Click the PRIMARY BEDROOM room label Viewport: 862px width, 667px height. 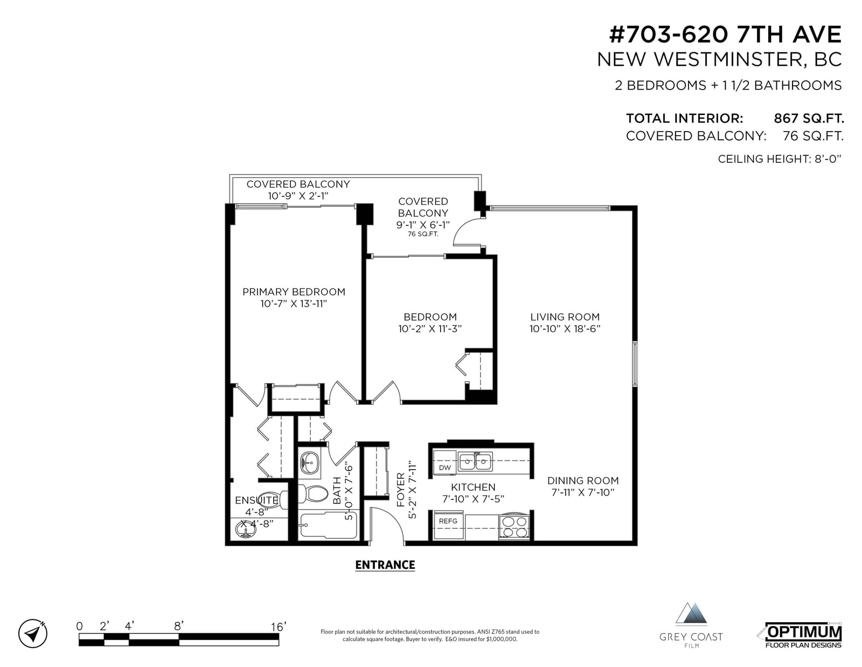294,292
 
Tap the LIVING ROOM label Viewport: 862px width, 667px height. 565,317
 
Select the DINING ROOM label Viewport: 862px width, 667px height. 583,480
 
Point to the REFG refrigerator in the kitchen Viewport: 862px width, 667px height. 449,526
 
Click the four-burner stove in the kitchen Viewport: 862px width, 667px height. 514,527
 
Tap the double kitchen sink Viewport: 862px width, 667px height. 475,462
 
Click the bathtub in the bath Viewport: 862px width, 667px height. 328,525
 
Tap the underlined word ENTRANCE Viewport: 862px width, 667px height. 385,565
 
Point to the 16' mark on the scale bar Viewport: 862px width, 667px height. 279,627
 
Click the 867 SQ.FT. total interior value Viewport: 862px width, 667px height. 809,118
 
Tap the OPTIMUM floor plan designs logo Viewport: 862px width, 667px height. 803,635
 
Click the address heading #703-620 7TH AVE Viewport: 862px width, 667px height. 725,35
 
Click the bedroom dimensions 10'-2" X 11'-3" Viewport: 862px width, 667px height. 430,329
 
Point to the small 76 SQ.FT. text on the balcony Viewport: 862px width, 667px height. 423,234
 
